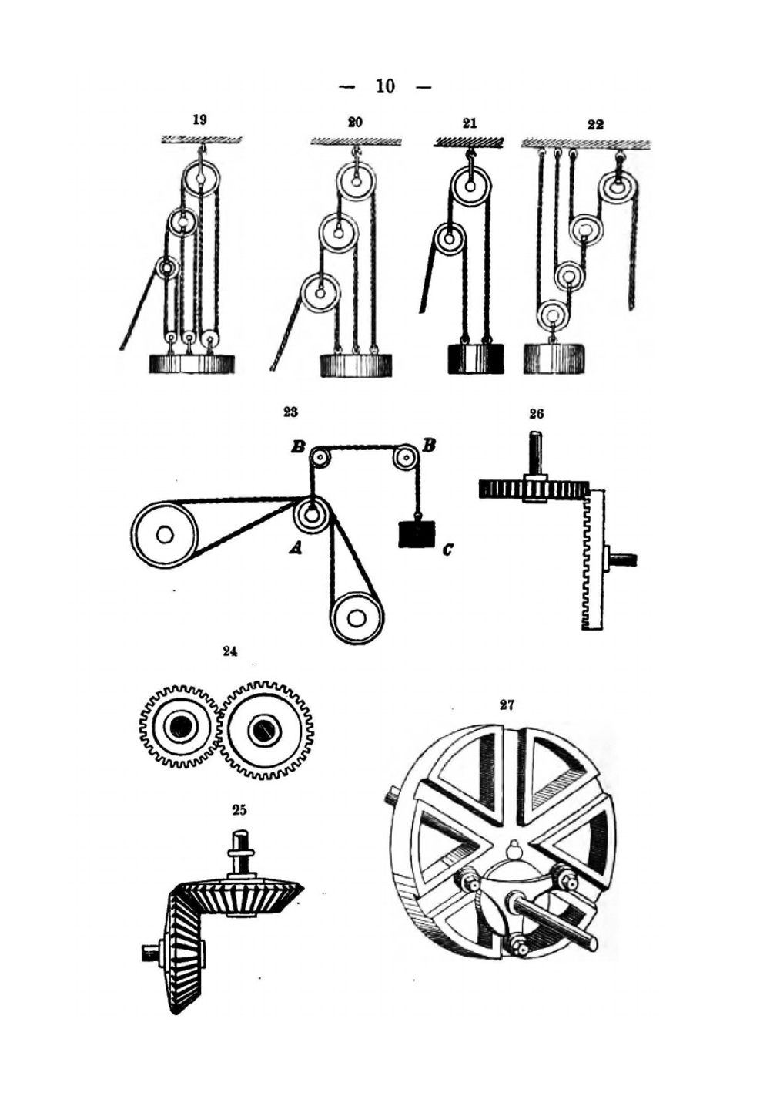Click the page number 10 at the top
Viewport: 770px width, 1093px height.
pos(385,86)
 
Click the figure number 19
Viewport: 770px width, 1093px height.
pos(199,119)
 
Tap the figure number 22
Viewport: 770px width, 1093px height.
pos(595,124)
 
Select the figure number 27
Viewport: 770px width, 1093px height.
pos(507,705)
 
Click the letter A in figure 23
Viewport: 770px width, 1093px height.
pos(294,548)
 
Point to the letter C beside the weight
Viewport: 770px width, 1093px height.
pos(447,549)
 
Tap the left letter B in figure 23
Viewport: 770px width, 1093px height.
pos(297,446)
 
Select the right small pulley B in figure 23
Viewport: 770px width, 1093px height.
pos(405,458)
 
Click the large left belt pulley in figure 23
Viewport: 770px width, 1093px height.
pos(164,534)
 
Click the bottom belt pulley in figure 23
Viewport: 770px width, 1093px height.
pos(357,617)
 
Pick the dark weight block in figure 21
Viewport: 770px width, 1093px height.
pos(475,359)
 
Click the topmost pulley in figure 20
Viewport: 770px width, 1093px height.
pos(356,182)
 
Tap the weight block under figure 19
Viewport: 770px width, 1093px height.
pos(191,364)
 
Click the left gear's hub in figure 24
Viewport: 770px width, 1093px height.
pos(181,726)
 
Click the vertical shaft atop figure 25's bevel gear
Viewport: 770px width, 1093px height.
pos(240,848)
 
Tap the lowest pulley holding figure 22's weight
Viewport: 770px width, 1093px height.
pos(552,314)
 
